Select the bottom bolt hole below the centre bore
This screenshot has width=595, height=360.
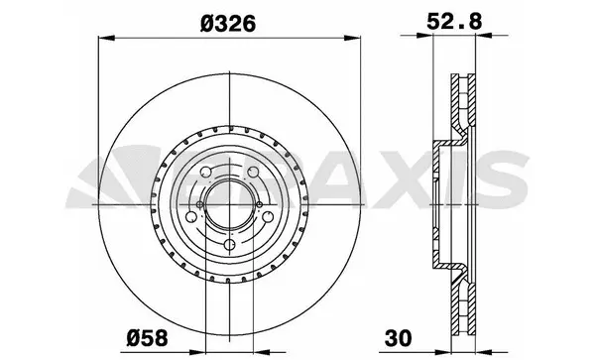pos(229,245)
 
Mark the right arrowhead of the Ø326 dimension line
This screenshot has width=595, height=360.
pos(352,40)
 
